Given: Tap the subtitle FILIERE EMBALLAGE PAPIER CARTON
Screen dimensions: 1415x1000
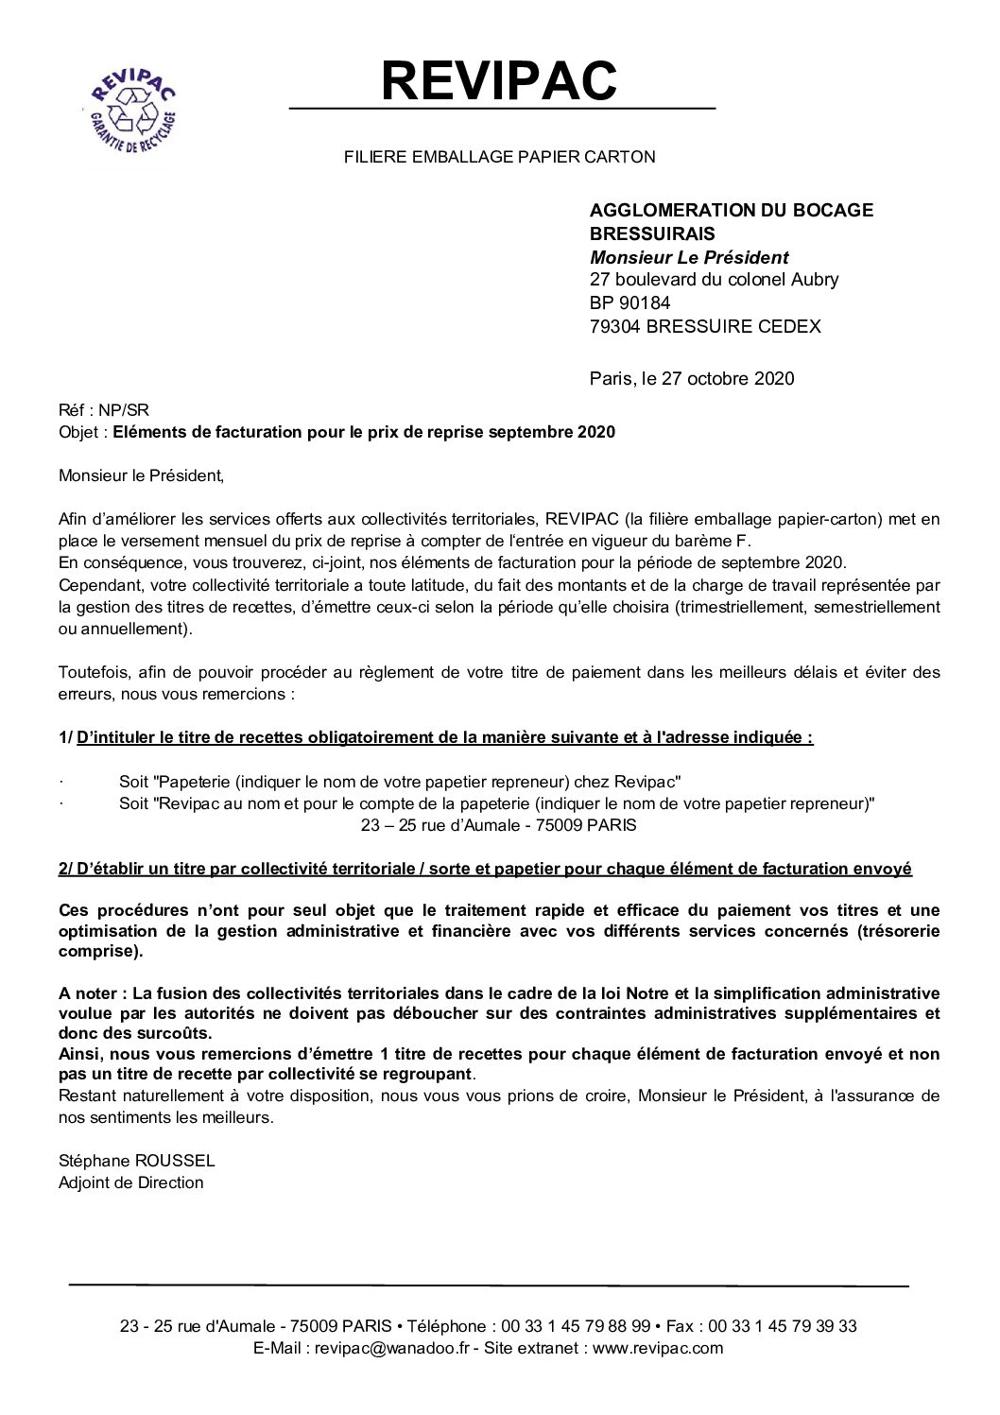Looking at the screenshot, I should click(x=499, y=157).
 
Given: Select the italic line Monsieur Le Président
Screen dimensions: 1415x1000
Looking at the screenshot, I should click(x=689, y=256).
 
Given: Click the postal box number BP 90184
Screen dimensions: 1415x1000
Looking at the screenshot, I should click(x=632, y=302).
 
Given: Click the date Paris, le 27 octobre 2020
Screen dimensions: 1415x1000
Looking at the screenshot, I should click(x=692, y=378).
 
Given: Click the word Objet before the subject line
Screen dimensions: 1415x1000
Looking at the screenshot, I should click(x=78, y=433).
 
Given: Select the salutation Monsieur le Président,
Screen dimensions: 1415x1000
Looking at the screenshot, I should click(x=142, y=475).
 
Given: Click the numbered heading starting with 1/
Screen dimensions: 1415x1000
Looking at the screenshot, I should click(x=436, y=737).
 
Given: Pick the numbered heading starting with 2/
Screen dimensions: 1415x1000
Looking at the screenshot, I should click(x=485, y=869).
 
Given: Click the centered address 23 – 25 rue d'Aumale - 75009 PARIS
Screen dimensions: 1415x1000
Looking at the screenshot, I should click(x=499, y=824).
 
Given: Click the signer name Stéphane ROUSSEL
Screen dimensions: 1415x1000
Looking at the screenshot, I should click(x=137, y=1160).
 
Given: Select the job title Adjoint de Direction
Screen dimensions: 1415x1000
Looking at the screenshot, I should click(x=130, y=1182).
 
